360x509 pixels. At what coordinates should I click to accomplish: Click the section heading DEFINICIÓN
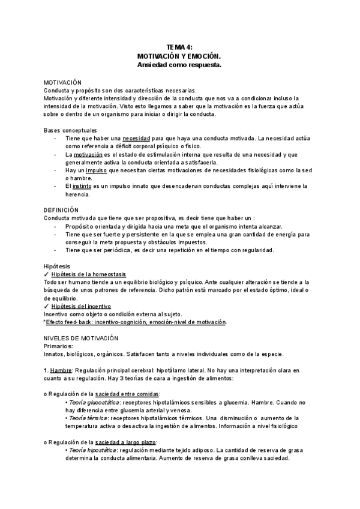tap(61, 209)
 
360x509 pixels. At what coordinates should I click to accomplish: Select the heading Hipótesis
tap(57, 265)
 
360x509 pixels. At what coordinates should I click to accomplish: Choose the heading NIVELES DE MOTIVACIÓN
tap(81, 338)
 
